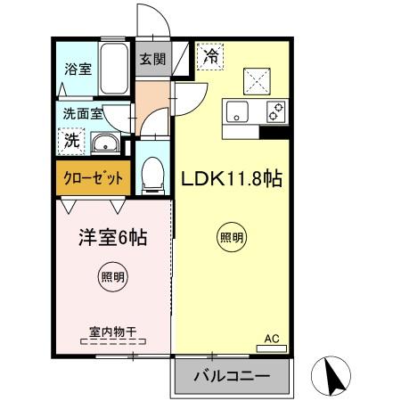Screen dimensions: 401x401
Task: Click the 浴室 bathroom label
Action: click(78, 69)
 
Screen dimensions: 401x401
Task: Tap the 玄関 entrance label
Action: click(152, 60)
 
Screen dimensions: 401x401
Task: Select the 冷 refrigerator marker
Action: click(210, 56)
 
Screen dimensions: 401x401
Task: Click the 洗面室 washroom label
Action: click(83, 113)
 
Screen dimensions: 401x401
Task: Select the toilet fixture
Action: click(153, 174)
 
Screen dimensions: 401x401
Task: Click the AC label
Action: click(273, 339)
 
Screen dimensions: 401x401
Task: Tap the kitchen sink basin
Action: click(238, 113)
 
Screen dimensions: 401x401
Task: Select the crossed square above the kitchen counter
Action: click(258, 79)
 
